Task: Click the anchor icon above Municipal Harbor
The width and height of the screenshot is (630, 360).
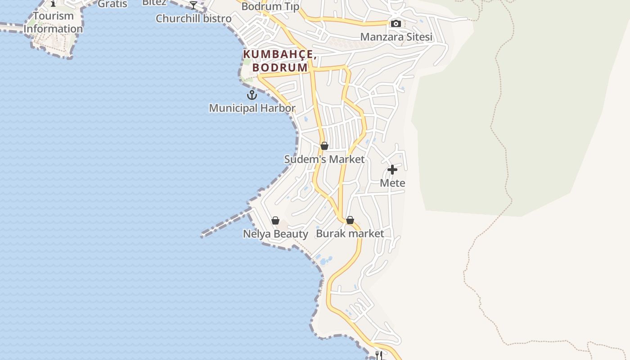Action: [x=252, y=95]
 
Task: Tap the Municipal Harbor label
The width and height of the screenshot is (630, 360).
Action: [x=252, y=108]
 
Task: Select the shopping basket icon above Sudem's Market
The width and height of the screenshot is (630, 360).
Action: [x=324, y=146]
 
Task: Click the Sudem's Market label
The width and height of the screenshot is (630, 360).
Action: [x=324, y=159]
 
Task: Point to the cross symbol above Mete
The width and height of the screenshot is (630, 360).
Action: [x=392, y=170]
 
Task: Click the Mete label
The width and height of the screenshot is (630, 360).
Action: [x=392, y=183]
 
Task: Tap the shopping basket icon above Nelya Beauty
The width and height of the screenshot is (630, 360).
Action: [x=275, y=220]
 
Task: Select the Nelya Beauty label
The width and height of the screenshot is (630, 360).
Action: [x=275, y=234]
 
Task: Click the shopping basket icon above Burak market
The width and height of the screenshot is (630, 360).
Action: [x=350, y=220]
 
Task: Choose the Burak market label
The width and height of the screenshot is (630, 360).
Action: [x=350, y=234]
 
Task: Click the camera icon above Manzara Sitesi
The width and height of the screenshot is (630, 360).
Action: [x=396, y=23]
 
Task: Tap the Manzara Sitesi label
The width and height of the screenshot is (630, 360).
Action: [x=396, y=37]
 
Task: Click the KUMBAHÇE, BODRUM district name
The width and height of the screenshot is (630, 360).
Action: [x=278, y=61]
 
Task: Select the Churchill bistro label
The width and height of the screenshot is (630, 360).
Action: [x=193, y=18]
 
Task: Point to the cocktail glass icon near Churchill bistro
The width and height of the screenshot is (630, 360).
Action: [x=193, y=5]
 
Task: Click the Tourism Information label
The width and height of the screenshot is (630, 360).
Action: [x=53, y=22]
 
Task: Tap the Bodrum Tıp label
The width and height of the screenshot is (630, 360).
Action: [x=270, y=7]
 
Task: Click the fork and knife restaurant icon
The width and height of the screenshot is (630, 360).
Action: [x=378, y=355]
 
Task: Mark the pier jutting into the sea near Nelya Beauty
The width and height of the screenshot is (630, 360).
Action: [x=225, y=223]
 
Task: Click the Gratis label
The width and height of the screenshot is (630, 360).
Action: [x=112, y=4]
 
